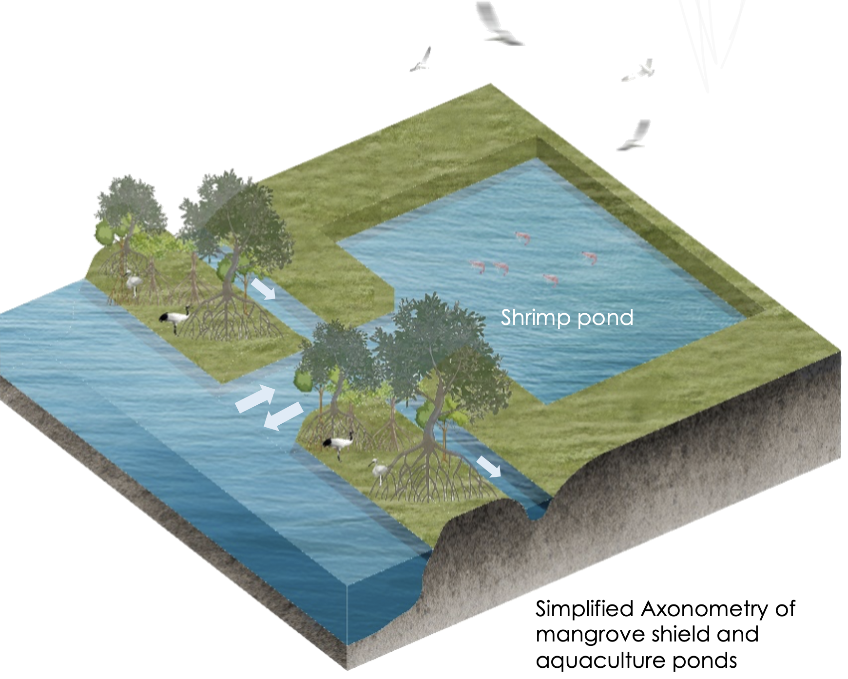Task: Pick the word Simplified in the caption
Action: (x=584, y=609)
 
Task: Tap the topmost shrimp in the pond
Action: (x=523, y=237)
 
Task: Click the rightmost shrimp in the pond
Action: (x=589, y=257)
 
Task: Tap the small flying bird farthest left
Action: (x=422, y=60)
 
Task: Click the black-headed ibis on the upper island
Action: (x=174, y=318)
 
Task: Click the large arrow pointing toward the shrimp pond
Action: (x=255, y=398)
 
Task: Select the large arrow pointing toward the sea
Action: (x=284, y=416)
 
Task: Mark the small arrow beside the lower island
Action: (x=489, y=467)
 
